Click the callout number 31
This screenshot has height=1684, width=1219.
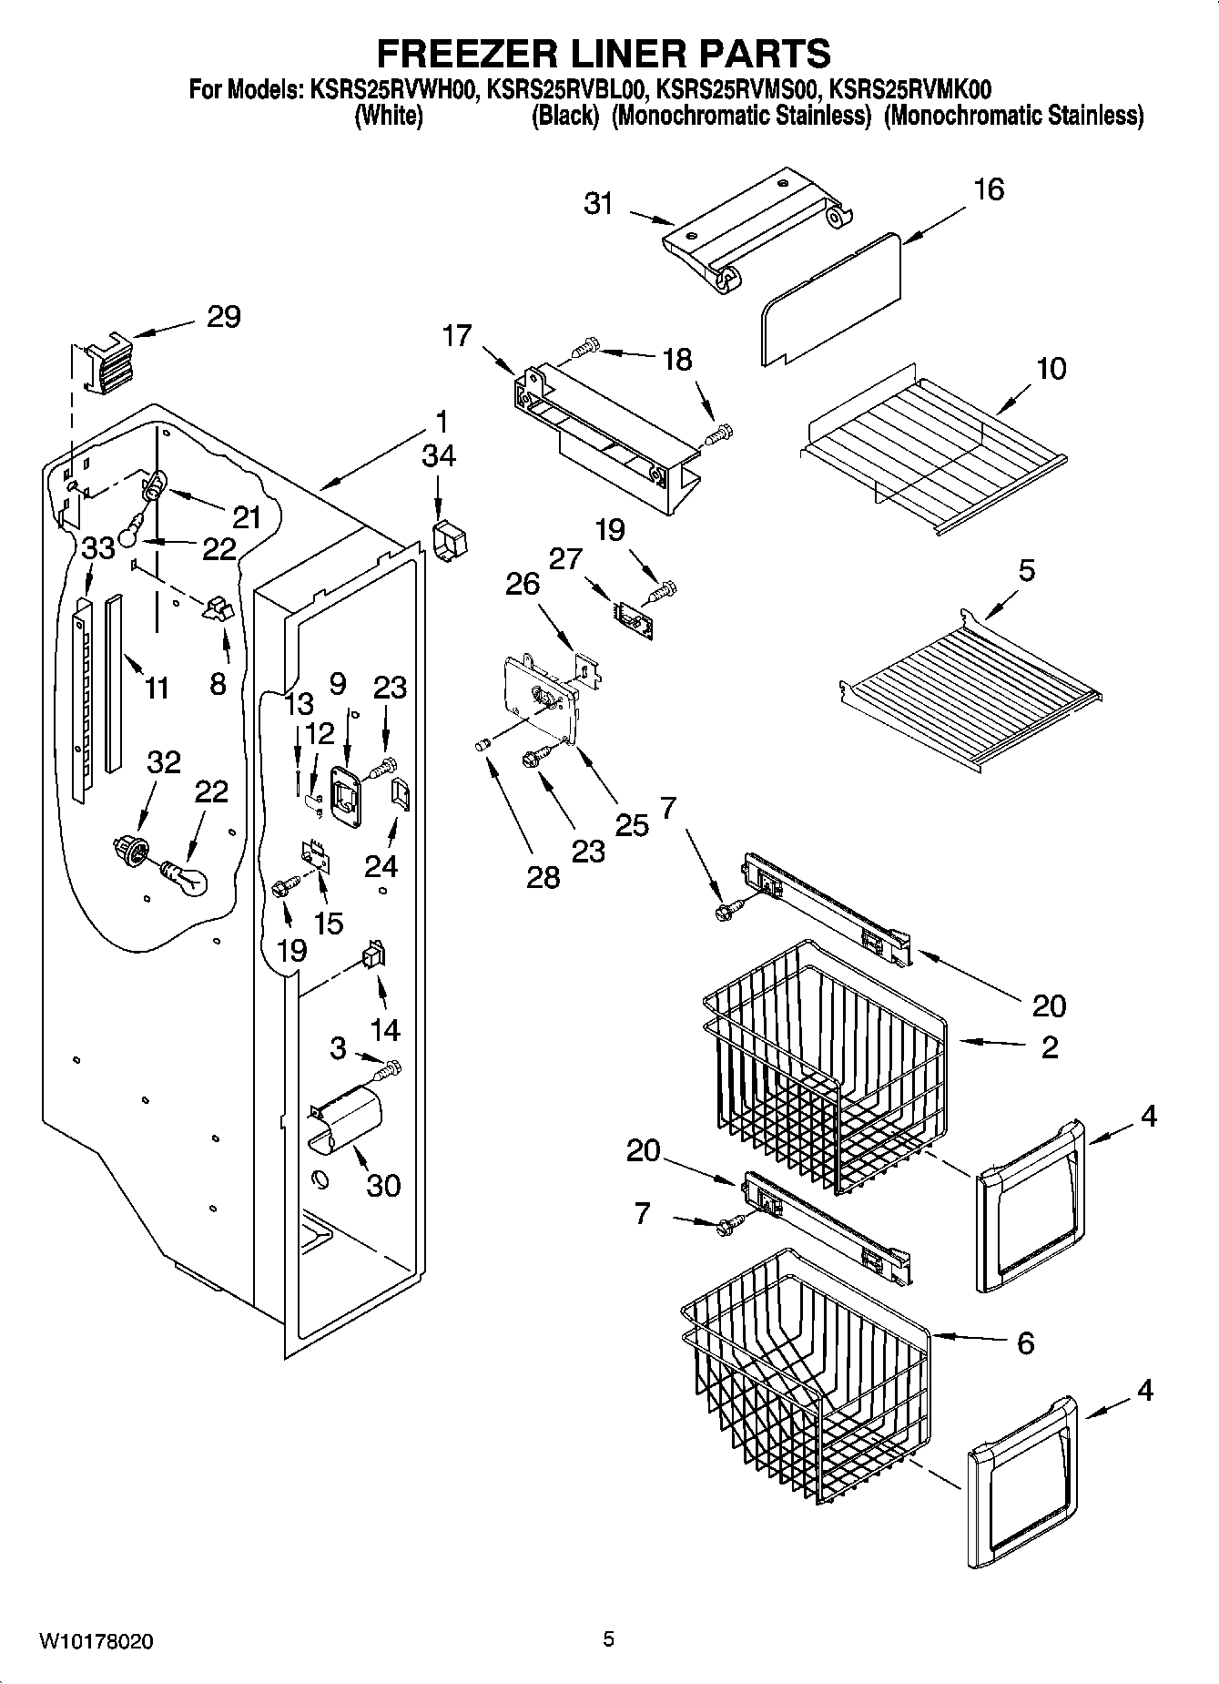point(598,203)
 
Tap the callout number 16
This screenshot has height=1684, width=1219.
point(989,189)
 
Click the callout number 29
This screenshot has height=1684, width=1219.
point(223,317)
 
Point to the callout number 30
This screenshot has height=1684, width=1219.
point(383,1185)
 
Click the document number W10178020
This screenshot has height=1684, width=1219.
point(96,1641)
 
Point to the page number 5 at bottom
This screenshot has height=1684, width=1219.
point(608,1639)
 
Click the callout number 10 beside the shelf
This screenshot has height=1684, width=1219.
point(1051,369)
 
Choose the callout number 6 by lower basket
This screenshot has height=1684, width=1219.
point(1025,1342)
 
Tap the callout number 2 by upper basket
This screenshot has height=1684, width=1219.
point(1049,1046)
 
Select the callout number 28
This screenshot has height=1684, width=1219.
point(543,877)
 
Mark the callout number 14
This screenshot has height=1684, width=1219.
point(385,1029)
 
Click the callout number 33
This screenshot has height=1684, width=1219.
point(98,548)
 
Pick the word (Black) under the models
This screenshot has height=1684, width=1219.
point(564,116)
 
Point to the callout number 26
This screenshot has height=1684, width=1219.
point(523,583)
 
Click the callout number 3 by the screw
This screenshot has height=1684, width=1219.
point(338,1048)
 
